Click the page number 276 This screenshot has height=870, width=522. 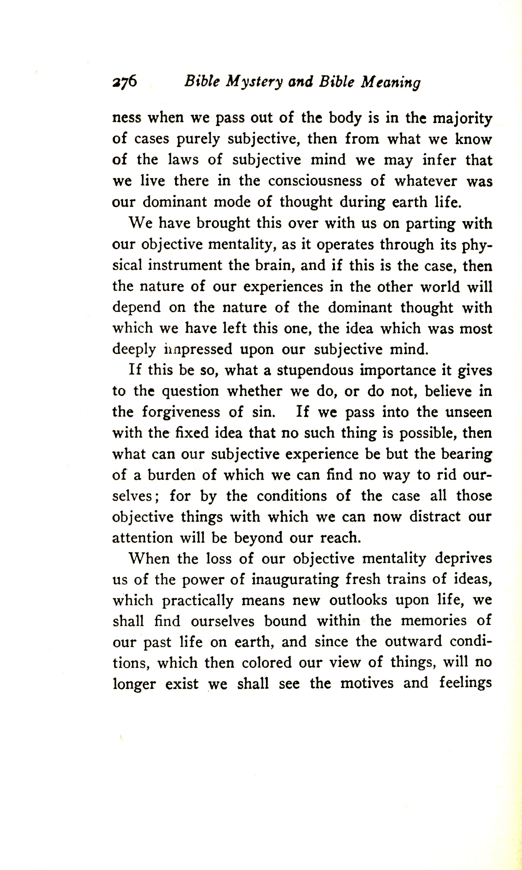tap(125, 82)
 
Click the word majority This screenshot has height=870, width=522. tap(462, 119)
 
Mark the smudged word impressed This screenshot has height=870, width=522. tap(198, 349)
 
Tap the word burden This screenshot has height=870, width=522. tap(171, 475)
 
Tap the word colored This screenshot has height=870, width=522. tap(267, 663)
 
